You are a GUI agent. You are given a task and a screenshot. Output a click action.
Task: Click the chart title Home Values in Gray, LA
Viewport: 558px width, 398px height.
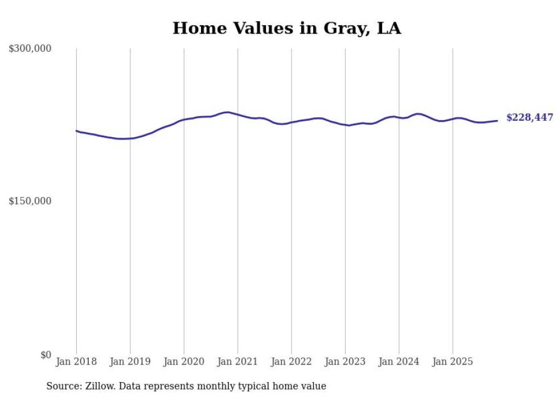tap(286, 28)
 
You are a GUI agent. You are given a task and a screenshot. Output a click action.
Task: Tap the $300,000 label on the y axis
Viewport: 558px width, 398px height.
tap(30, 49)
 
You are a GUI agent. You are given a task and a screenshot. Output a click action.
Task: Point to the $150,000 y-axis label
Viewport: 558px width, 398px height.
tap(30, 201)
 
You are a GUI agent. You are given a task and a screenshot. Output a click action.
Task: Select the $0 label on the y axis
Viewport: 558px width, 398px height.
tap(46, 355)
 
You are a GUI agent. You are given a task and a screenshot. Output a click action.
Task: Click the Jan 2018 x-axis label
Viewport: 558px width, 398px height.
tap(76, 362)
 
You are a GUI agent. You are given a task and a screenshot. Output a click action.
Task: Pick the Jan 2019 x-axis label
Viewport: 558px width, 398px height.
tap(130, 362)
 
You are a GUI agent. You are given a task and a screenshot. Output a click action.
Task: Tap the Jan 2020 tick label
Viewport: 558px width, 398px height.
tap(184, 362)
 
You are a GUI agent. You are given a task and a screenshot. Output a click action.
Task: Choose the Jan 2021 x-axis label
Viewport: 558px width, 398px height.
tap(237, 362)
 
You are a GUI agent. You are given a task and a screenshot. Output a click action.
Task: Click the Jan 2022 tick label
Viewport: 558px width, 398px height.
tap(292, 362)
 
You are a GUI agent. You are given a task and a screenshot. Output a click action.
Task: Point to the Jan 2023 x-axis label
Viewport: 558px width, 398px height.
tap(345, 362)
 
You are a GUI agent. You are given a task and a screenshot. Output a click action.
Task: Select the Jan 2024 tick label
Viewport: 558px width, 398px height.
tap(399, 362)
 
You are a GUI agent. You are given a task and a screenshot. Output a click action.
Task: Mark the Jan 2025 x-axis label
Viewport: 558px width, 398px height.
tap(453, 362)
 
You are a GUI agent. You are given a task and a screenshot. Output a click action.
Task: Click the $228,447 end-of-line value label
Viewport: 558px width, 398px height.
tap(530, 118)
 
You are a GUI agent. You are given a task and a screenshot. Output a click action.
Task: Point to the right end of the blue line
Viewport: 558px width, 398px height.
tap(497, 120)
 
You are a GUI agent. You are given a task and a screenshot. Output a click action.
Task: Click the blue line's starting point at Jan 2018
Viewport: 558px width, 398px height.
tap(76, 130)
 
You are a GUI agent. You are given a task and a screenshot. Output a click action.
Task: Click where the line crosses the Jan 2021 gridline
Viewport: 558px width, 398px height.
tap(238, 115)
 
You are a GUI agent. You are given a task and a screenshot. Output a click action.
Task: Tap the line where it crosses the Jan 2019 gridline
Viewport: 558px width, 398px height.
tap(130, 138)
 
